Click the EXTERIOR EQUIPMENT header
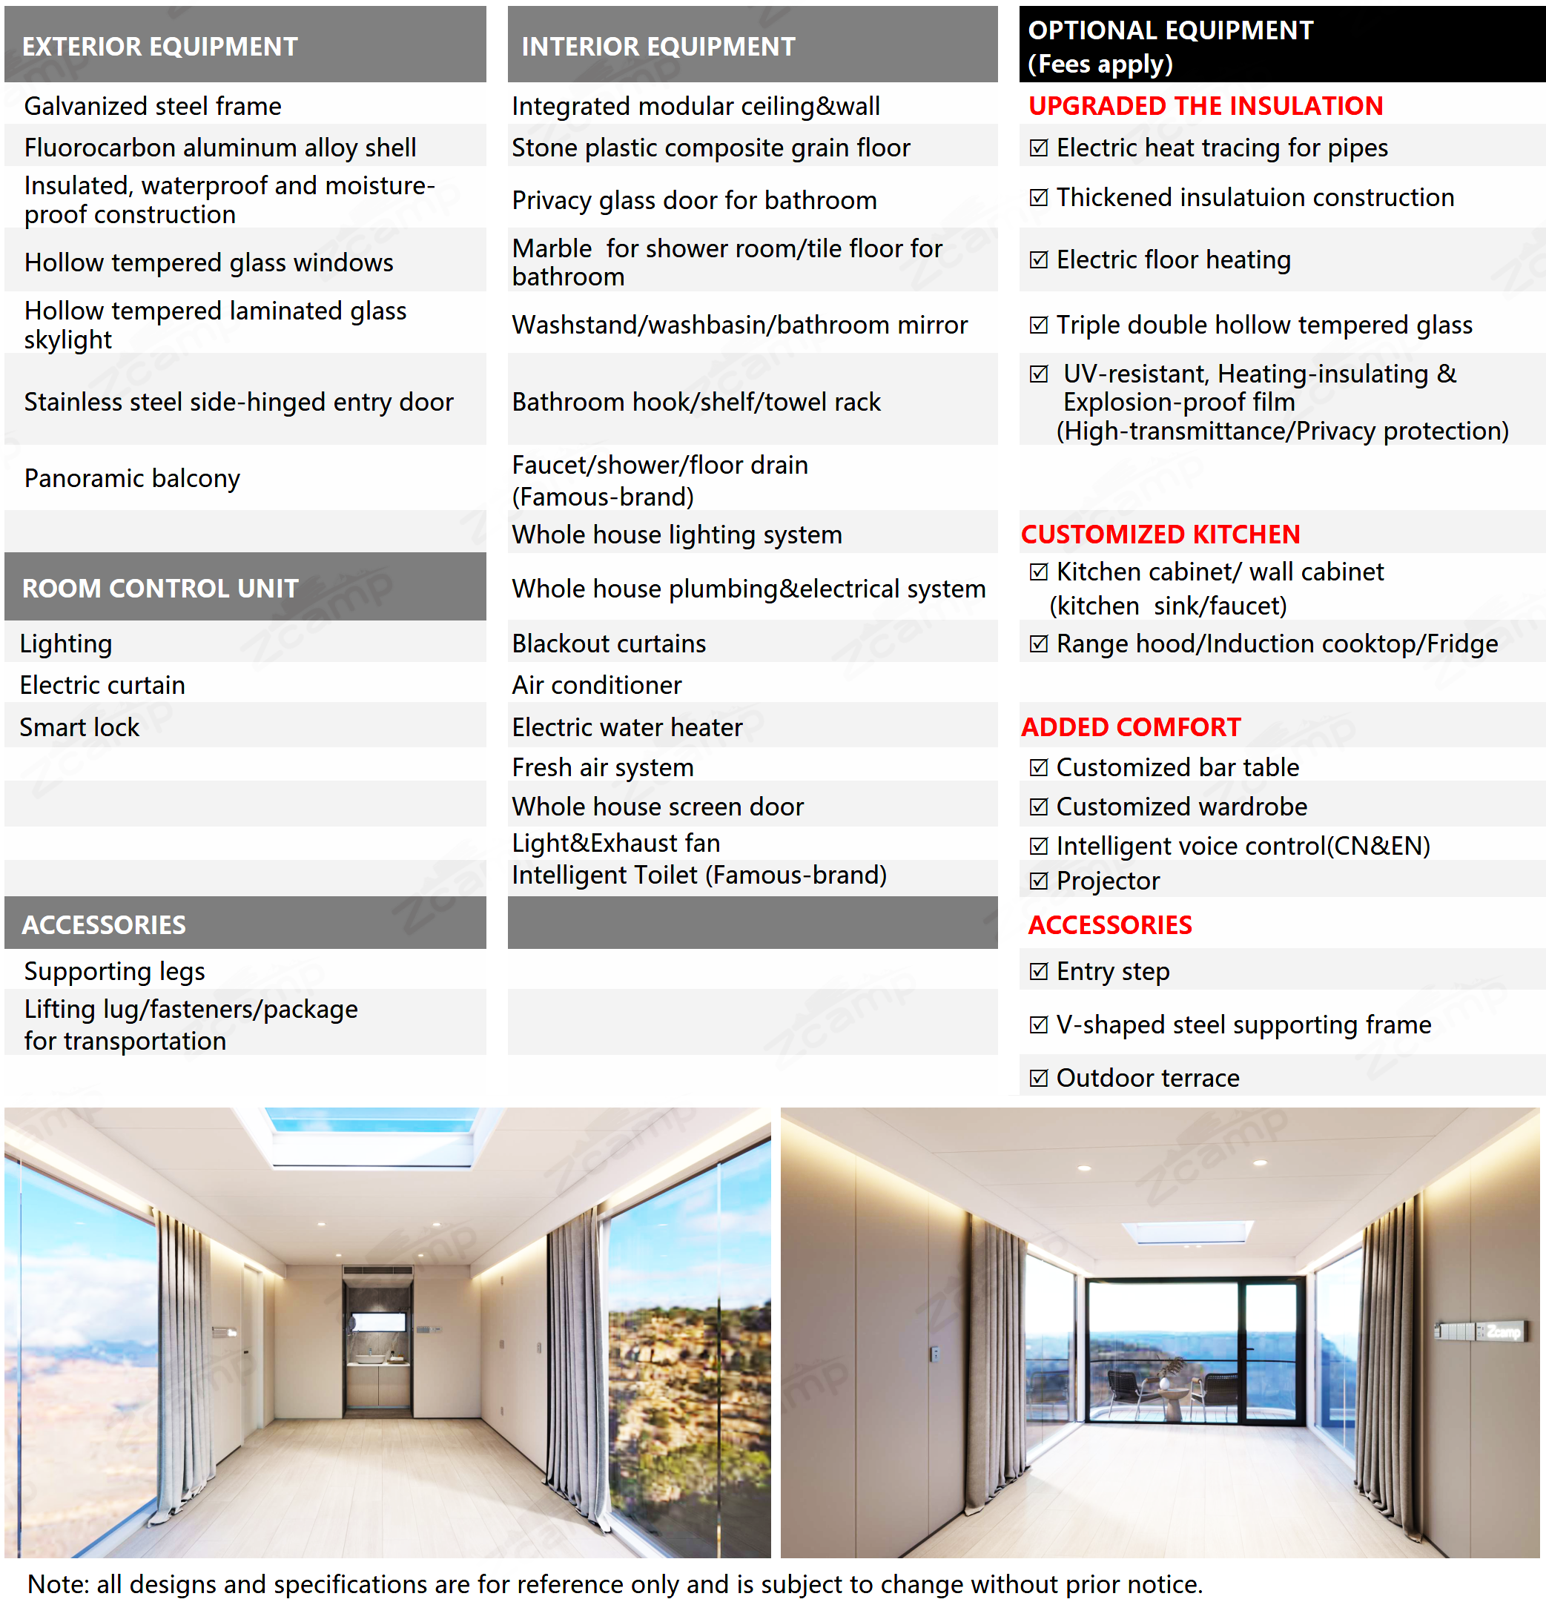[160, 47]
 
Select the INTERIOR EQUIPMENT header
[658, 47]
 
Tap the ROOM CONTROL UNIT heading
[160, 589]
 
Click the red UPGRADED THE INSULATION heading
[1205, 106]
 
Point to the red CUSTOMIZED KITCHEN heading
[1160, 534]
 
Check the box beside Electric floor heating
[1038, 260]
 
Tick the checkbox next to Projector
[1038, 881]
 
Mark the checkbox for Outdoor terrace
[1038, 1078]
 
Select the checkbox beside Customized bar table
[1038, 767]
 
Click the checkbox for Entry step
[1038, 972]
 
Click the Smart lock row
[79, 727]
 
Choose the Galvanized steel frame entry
[153, 106]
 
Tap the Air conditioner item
[597, 685]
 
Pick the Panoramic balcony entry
[133, 478]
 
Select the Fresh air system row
[603, 767]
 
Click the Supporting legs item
[114, 972]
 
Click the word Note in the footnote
[58, 1584]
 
